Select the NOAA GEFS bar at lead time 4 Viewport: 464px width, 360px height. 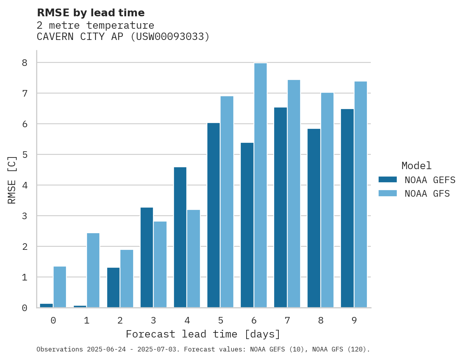pyautogui.click(x=180, y=237)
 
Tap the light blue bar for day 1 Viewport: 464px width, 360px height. pyautogui.click(x=93, y=270)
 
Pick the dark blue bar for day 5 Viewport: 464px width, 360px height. pyautogui.click(x=214, y=215)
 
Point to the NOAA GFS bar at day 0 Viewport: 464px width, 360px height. pyautogui.click(x=60, y=287)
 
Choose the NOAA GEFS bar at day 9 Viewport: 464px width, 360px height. pyautogui.click(x=347, y=208)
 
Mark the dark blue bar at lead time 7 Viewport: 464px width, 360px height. pyautogui.click(x=280, y=208)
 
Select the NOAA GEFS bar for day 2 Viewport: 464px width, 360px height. pyautogui.click(x=113, y=287)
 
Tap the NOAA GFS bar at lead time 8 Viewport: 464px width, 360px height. pyautogui.click(x=327, y=200)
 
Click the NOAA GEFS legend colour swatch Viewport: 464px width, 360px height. pyautogui.click(x=388, y=180)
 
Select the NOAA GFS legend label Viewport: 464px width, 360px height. pyautogui.click(x=427, y=194)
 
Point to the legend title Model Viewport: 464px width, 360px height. pyautogui.click(x=416, y=166)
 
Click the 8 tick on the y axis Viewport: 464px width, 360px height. pyautogui.click(x=24, y=63)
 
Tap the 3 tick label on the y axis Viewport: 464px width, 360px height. pyautogui.click(x=24, y=216)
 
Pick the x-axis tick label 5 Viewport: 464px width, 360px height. pyautogui.click(x=221, y=321)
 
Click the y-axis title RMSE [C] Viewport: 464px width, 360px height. pyautogui.click(x=12, y=180)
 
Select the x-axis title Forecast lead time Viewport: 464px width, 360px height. pyautogui.click(x=203, y=334)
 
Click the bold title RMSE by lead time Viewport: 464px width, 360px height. pyautogui.click(x=90, y=13)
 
